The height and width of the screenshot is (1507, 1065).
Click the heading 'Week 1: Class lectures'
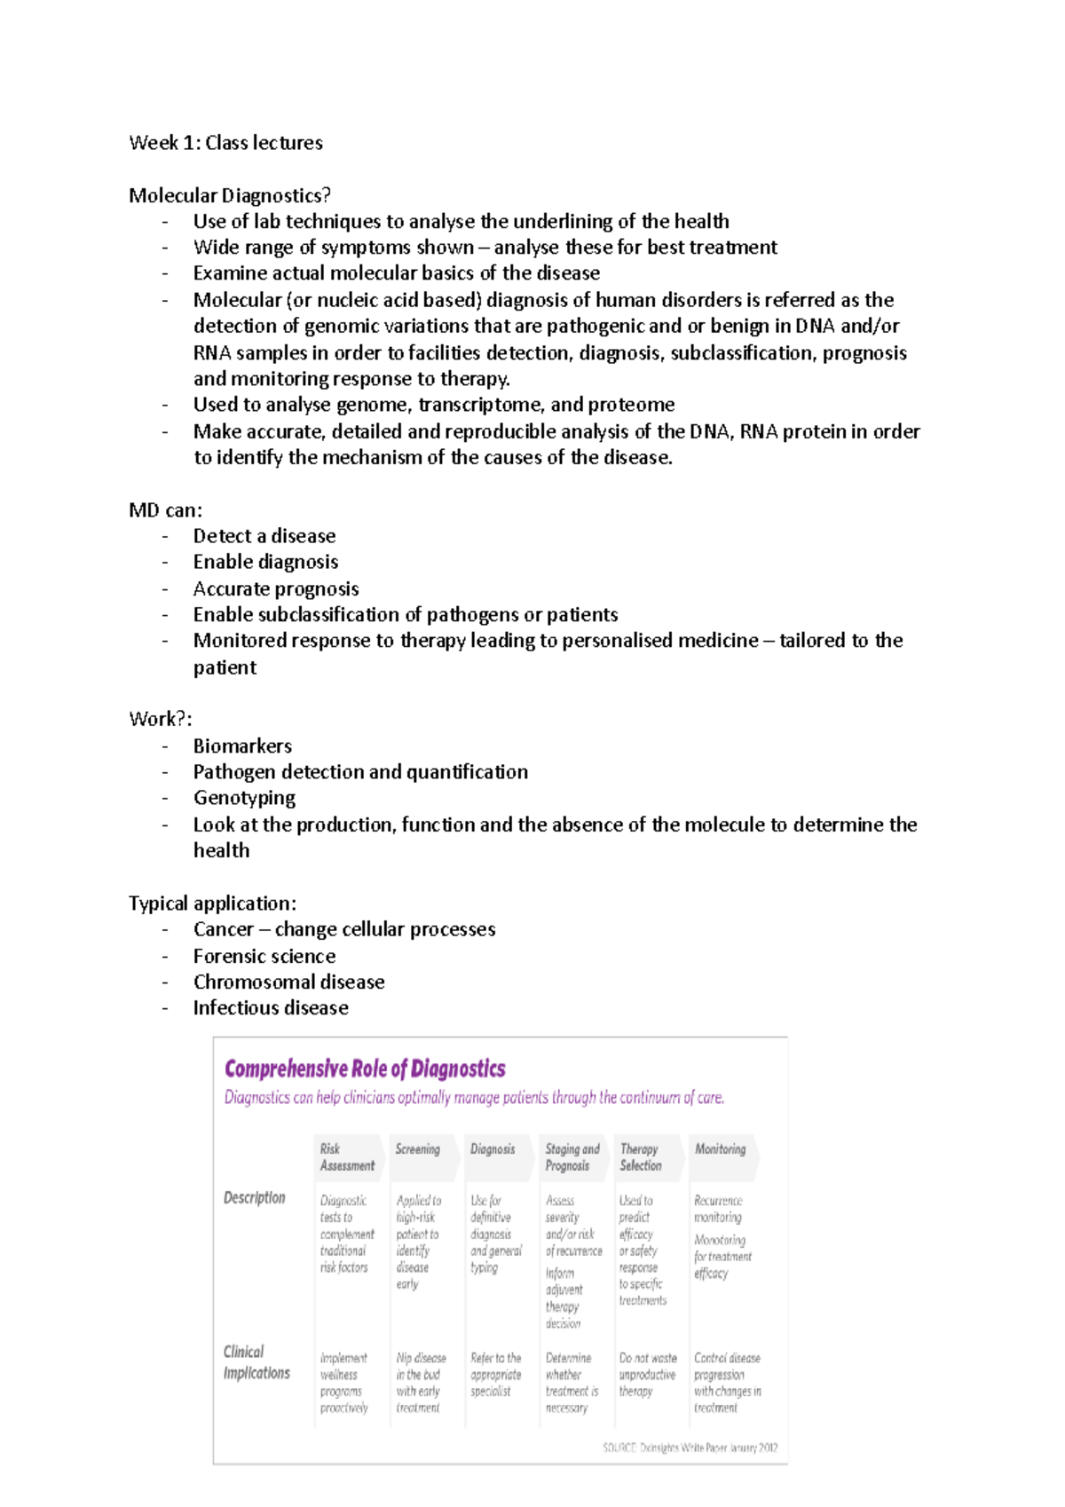pyautogui.click(x=225, y=143)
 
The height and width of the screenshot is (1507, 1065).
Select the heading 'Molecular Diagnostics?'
pyautogui.click(x=230, y=195)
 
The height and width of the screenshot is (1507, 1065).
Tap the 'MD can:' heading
pyautogui.click(x=165, y=510)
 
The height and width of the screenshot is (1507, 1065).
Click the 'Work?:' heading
pyautogui.click(x=160, y=719)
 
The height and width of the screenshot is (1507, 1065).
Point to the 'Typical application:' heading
pyautogui.click(x=212, y=903)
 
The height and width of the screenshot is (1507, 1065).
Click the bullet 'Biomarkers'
pyautogui.click(x=242, y=746)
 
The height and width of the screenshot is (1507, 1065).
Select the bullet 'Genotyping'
pyautogui.click(x=244, y=798)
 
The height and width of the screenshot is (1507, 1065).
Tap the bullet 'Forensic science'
pyautogui.click(x=264, y=957)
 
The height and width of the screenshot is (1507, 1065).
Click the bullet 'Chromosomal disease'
pyautogui.click(x=288, y=982)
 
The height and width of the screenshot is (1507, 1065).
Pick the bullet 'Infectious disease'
pyautogui.click(x=271, y=1008)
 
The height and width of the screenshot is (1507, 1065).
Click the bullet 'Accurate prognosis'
pyautogui.click(x=276, y=589)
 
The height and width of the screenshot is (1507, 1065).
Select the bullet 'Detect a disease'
pyautogui.click(x=264, y=536)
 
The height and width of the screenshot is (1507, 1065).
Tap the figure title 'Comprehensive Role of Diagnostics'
pyautogui.click(x=365, y=1069)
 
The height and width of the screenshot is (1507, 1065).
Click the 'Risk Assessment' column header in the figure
pyautogui.click(x=346, y=1157)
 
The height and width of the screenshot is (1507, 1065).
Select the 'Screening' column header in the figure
pyautogui.click(x=417, y=1149)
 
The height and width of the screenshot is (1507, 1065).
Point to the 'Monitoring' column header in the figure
pyautogui.click(x=720, y=1149)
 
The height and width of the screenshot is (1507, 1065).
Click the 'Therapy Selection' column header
pyautogui.click(x=640, y=1157)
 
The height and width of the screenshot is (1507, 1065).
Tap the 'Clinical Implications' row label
pyautogui.click(x=256, y=1362)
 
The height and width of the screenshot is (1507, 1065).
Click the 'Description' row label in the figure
pyautogui.click(x=254, y=1198)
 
